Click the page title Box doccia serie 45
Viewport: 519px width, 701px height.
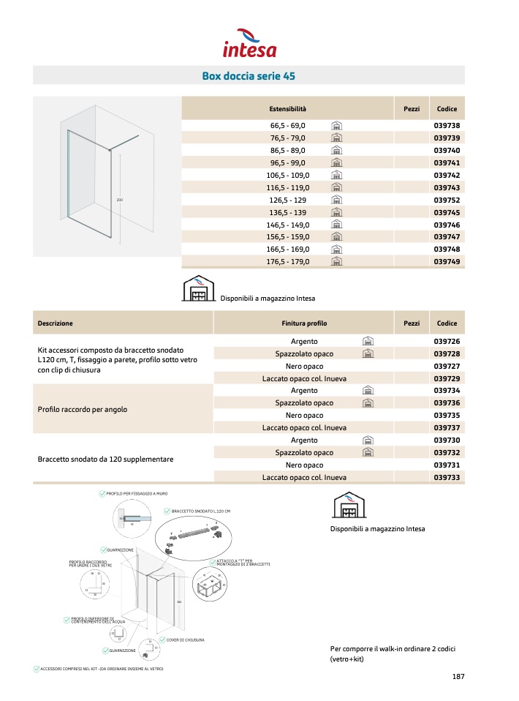(249, 75)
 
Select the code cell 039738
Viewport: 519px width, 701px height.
(446, 126)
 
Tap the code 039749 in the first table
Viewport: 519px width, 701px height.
(446, 261)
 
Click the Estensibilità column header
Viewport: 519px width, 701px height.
(287, 109)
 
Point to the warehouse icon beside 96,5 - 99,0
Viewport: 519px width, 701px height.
(337, 162)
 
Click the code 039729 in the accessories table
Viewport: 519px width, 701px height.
(446, 378)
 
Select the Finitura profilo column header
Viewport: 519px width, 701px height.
(304, 323)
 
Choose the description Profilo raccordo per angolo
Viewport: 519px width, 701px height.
(82, 409)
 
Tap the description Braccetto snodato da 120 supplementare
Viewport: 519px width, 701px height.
(105, 459)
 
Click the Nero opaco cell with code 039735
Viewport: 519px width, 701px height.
(304, 416)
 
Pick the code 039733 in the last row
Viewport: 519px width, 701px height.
(446, 477)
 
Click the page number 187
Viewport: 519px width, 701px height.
(458, 676)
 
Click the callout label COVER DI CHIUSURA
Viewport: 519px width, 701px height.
(185, 640)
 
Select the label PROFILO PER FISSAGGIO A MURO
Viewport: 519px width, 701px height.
(136, 494)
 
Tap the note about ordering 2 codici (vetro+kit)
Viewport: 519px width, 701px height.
(375, 653)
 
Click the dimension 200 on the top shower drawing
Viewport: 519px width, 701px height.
(119, 199)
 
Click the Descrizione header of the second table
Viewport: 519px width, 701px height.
(56, 323)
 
